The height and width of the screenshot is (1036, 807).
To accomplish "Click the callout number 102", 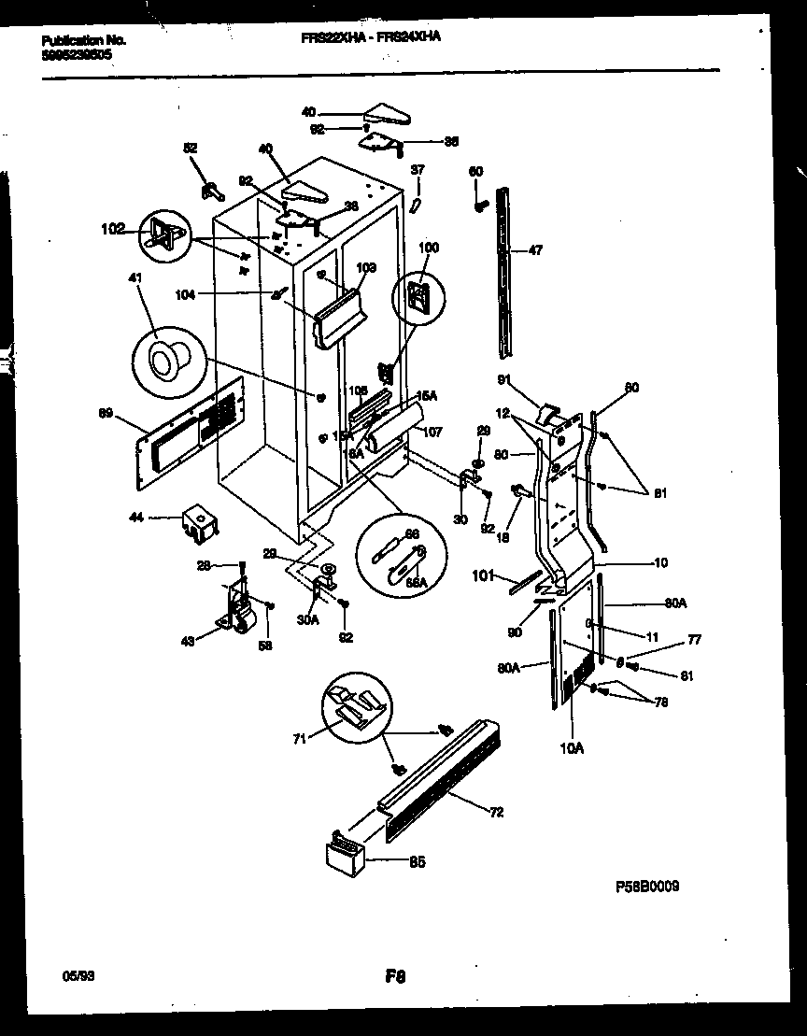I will point(111,226).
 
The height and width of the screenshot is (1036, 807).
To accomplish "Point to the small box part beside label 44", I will point(197,522).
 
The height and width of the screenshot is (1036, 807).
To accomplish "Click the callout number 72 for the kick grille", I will point(496,812).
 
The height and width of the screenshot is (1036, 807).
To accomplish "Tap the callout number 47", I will point(535,251).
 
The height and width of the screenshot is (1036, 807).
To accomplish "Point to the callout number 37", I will point(418,169).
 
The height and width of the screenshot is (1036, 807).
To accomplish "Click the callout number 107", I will point(432,433).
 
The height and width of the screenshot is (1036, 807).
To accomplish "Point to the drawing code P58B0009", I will point(647,886).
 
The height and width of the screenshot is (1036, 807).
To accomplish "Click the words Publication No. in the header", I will point(84,40).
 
